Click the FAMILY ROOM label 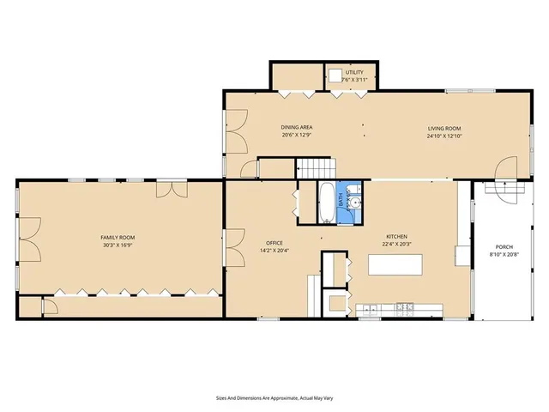tap(118, 237)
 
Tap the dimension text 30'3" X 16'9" tap(118, 245)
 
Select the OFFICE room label tap(274, 243)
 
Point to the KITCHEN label tap(395, 237)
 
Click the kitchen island tap(395, 265)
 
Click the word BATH tap(341, 202)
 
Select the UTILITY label tap(354, 72)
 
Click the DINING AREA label tap(296, 127)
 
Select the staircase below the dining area tap(317, 168)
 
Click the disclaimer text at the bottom tap(274, 398)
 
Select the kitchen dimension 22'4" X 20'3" tap(395, 245)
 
